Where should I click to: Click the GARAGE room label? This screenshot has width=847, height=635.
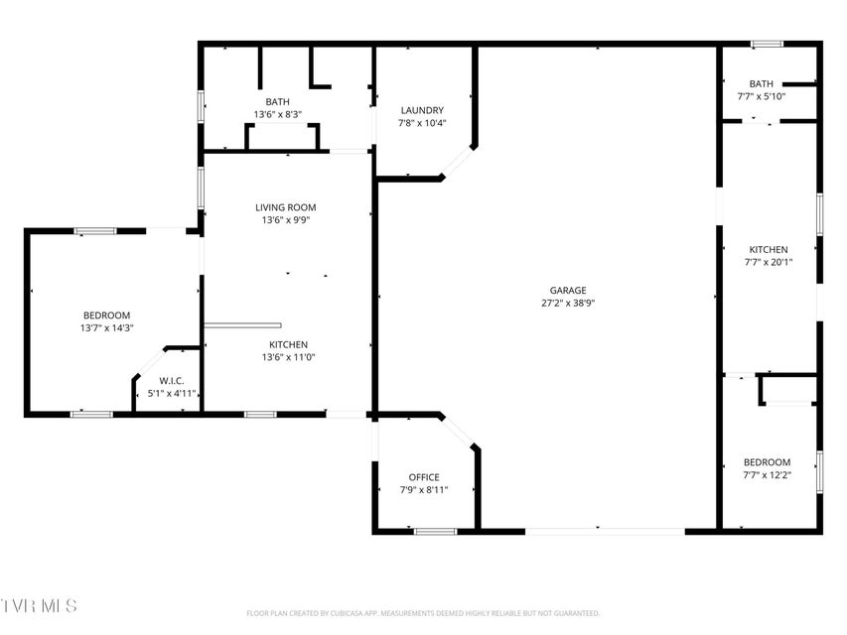pyautogui.click(x=568, y=290)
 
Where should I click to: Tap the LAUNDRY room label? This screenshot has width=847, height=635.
pyautogui.click(x=422, y=110)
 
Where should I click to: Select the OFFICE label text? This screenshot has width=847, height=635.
pyautogui.click(x=424, y=477)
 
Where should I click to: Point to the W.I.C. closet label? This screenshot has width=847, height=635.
pyautogui.click(x=171, y=381)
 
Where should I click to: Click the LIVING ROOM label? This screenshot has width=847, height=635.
pyautogui.click(x=286, y=207)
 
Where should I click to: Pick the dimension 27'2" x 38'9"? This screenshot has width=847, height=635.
pyautogui.click(x=568, y=303)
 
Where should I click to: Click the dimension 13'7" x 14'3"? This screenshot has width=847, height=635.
pyautogui.click(x=107, y=327)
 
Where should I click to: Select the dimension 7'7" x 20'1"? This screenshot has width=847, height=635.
pyautogui.click(x=769, y=262)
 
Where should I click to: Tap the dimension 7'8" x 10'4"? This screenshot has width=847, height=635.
pyautogui.click(x=422, y=123)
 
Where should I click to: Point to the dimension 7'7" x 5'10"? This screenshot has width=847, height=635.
pyautogui.click(x=762, y=96)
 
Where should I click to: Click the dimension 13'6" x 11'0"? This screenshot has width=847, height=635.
pyautogui.click(x=288, y=357)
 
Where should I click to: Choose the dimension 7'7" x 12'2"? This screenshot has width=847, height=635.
pyautogui.click(x=767, y=475)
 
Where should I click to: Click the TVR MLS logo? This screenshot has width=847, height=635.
pyautogui.click(x=39, y=605)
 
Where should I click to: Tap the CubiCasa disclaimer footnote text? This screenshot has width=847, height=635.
pyautogui.click(x=423, y=613)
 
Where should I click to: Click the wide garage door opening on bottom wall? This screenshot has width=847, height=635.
pyautogui.click(x=605, y=532)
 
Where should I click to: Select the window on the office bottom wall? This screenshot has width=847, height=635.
pyautogui.click(x=435, y=532)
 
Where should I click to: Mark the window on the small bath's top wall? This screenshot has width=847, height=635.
pyautogui.click(x=767, y=44)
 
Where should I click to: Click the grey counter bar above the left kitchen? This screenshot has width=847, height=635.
pyautogui.click(x=242, y=325)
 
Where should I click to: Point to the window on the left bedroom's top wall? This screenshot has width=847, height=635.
pyautogui.click(x=95, y=231)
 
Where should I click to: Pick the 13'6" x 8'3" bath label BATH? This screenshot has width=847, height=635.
pyautogui.click(x=278, y=101)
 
